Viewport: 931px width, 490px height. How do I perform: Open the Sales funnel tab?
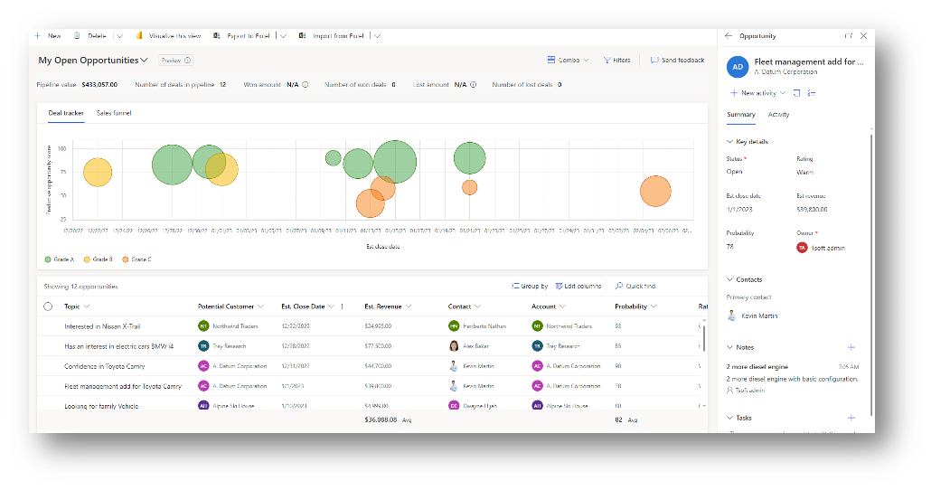(x=114, y=113)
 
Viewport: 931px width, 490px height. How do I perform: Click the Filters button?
(x=616, y=61)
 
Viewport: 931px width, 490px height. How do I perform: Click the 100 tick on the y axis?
(x=61, y=147)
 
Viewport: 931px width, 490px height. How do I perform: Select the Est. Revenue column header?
(x=382, y=306)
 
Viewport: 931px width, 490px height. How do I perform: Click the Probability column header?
(x=631, y=306)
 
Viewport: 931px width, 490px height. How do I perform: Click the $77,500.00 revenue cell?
(x=378, y=346)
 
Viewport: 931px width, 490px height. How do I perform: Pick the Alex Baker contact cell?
(x=475, y=346)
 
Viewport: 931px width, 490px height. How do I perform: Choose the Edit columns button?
(x=578, y=287)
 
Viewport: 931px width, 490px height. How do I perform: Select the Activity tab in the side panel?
(x=778, y=115)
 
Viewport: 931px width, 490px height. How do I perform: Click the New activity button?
(x=753, y=93)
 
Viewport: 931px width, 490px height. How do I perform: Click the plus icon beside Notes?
(x=851, y=347)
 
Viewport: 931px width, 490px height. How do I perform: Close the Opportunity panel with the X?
(x=863, y=36)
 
